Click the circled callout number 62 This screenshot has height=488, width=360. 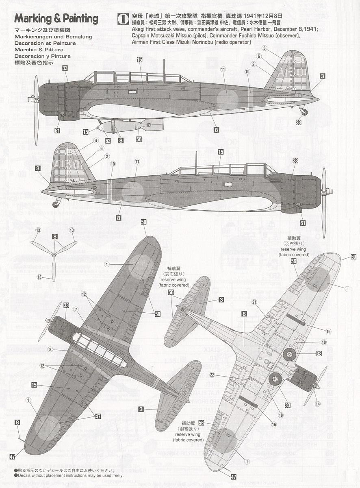coord(108,141)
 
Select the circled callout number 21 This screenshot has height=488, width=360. coord(254,302)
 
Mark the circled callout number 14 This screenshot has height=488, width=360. coord(317,404)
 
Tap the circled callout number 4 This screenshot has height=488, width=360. coord(96,141)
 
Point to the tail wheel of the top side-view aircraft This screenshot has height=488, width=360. coord(304,111)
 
